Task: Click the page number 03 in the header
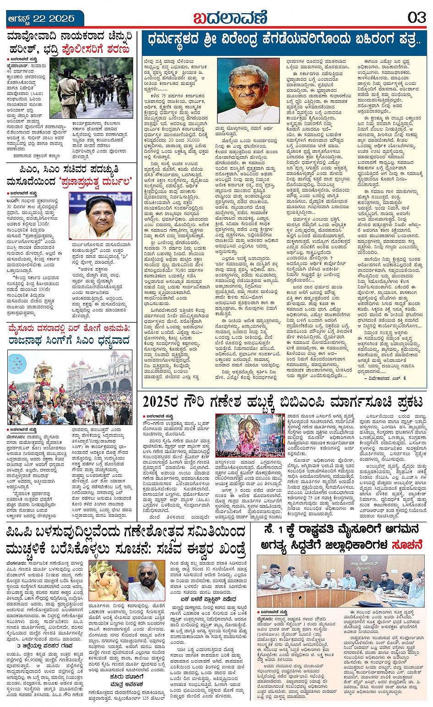tap(417, 18)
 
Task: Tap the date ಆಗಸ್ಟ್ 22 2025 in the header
tap(41, 19)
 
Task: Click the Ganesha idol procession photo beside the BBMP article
tap(250, 435)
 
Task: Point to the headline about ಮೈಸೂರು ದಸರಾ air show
tap(69, 334)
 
